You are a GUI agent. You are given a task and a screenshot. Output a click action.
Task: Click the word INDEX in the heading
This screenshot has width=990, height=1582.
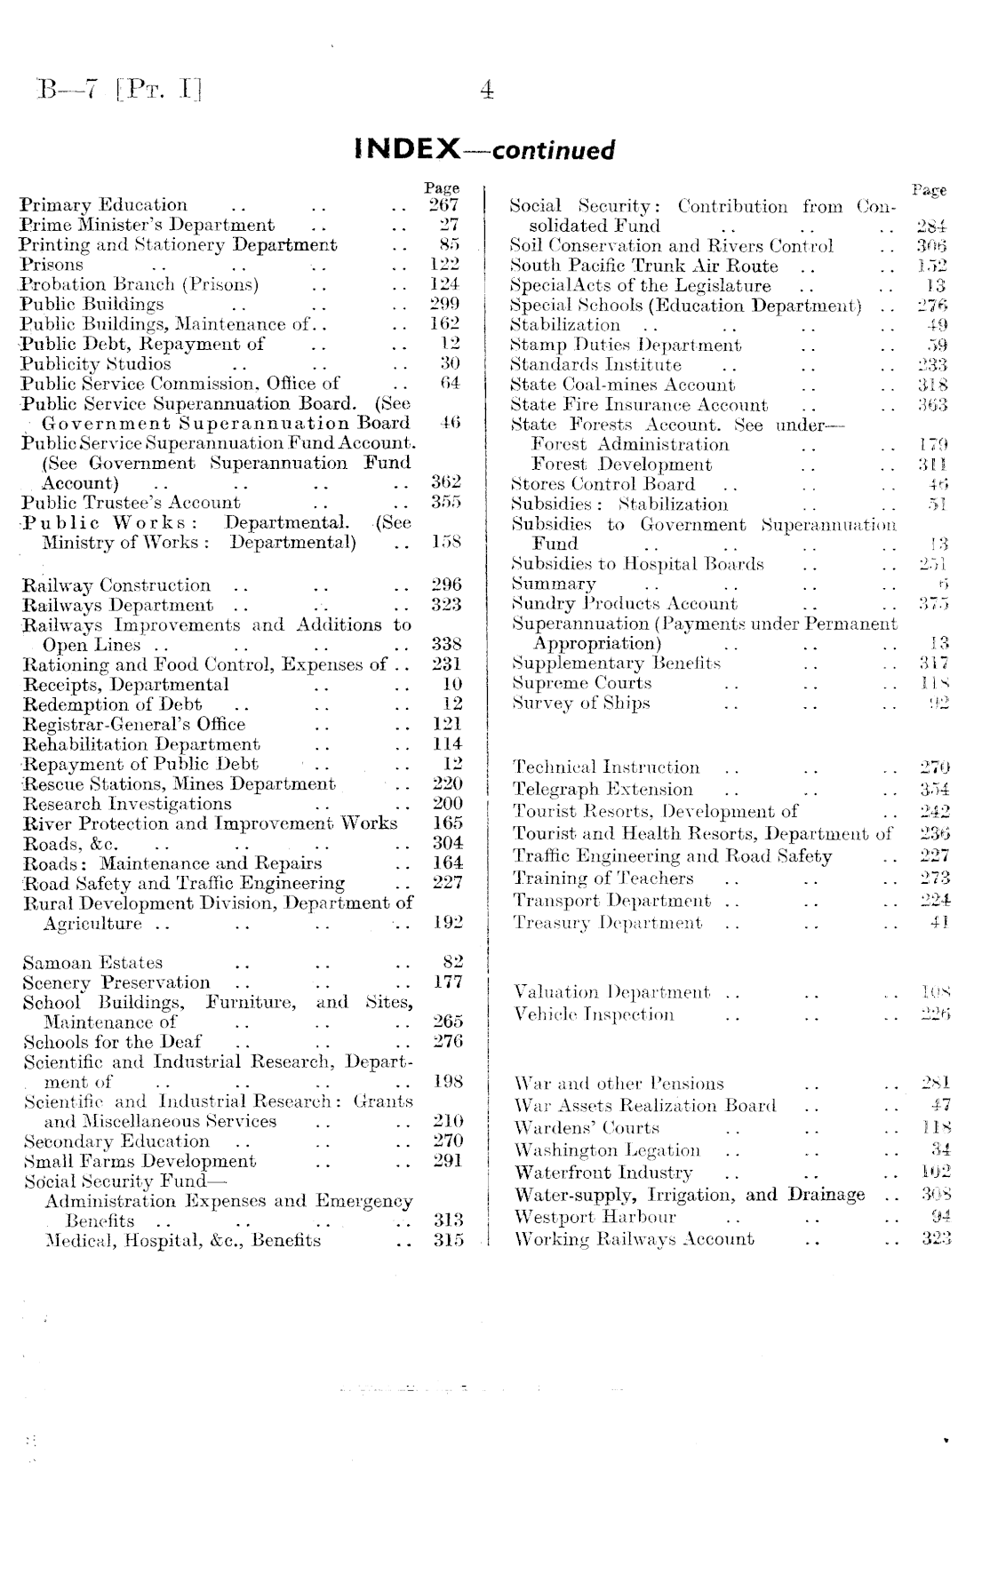(x=406, y=148)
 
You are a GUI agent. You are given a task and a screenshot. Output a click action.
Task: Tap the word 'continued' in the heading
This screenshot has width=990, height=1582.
(x=553, y=150)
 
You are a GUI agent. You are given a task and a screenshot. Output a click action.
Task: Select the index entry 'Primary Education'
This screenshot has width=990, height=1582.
(x=104, y=206)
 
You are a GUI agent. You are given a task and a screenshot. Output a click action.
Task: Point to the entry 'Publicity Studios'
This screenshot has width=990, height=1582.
(x=96, y=364)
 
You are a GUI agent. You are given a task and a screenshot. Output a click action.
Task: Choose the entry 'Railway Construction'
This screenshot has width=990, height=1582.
(x=116, y=585)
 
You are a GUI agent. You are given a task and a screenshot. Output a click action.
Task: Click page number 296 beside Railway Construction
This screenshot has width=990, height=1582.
(x=446, y=585)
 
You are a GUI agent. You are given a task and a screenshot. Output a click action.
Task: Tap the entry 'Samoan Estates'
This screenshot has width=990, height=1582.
(x=92, y=963)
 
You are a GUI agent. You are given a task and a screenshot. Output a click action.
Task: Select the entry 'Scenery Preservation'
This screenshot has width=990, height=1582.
(x=116, y=982)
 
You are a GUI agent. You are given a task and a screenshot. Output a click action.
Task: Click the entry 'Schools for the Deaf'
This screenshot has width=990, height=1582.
(x=112, y=1042)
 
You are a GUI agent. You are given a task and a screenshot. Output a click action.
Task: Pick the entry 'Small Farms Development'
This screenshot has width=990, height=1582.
(x=140, y=1161)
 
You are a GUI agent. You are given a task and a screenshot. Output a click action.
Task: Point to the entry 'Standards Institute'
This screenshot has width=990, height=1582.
(x=595, y=365)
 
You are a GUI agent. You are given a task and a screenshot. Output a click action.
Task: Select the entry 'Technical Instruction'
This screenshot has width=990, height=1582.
(x=607, y=767)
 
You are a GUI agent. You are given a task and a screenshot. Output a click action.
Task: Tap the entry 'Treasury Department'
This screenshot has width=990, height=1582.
(x=607, y=923)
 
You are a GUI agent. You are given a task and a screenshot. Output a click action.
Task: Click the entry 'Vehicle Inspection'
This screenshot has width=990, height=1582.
(x=594, y=1014)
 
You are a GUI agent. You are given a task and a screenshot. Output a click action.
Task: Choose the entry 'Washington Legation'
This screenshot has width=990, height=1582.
(x=607, y=1151)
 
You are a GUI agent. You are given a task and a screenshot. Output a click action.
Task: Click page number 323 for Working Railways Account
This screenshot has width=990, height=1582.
(x=937, y=1239)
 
